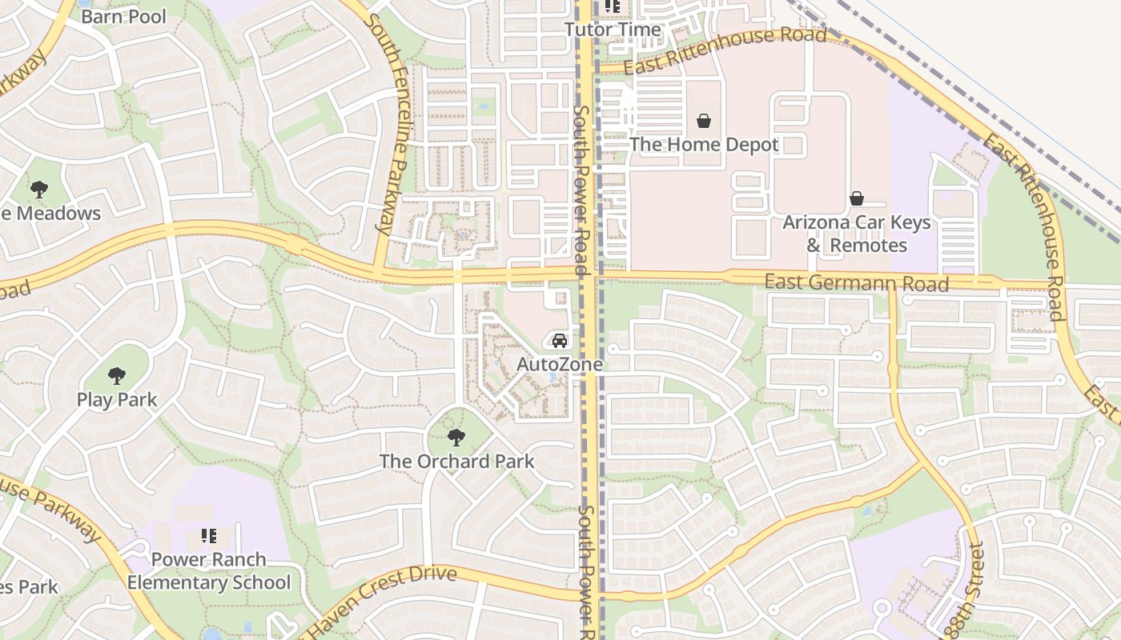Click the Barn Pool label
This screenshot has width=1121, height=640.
coord(123,17)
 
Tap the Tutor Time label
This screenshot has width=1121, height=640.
coord(613,30)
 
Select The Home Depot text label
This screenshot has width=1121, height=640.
coord(704,145)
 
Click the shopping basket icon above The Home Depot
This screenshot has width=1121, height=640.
coord(704,121)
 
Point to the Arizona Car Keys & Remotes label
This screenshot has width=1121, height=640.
coord(857,234)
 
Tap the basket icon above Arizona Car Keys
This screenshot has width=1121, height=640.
coord(857,198)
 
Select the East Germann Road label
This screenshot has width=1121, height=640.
coord(856,282)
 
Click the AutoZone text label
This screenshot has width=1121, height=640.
coord(559,365)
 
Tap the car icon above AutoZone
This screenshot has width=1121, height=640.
coord(560,341)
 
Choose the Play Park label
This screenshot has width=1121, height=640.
coord(117,400)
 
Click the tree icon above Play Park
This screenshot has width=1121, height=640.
coord(117,376)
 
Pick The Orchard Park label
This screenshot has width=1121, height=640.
coord(456,462)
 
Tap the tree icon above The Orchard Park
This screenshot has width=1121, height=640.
coord(456,438)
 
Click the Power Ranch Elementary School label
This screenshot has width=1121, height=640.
coord(209,571)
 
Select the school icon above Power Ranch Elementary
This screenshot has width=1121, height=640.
coord(209,536)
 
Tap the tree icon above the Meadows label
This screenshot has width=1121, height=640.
coord(38,190)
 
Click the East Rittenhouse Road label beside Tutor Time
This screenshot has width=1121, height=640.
coord(725,50)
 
